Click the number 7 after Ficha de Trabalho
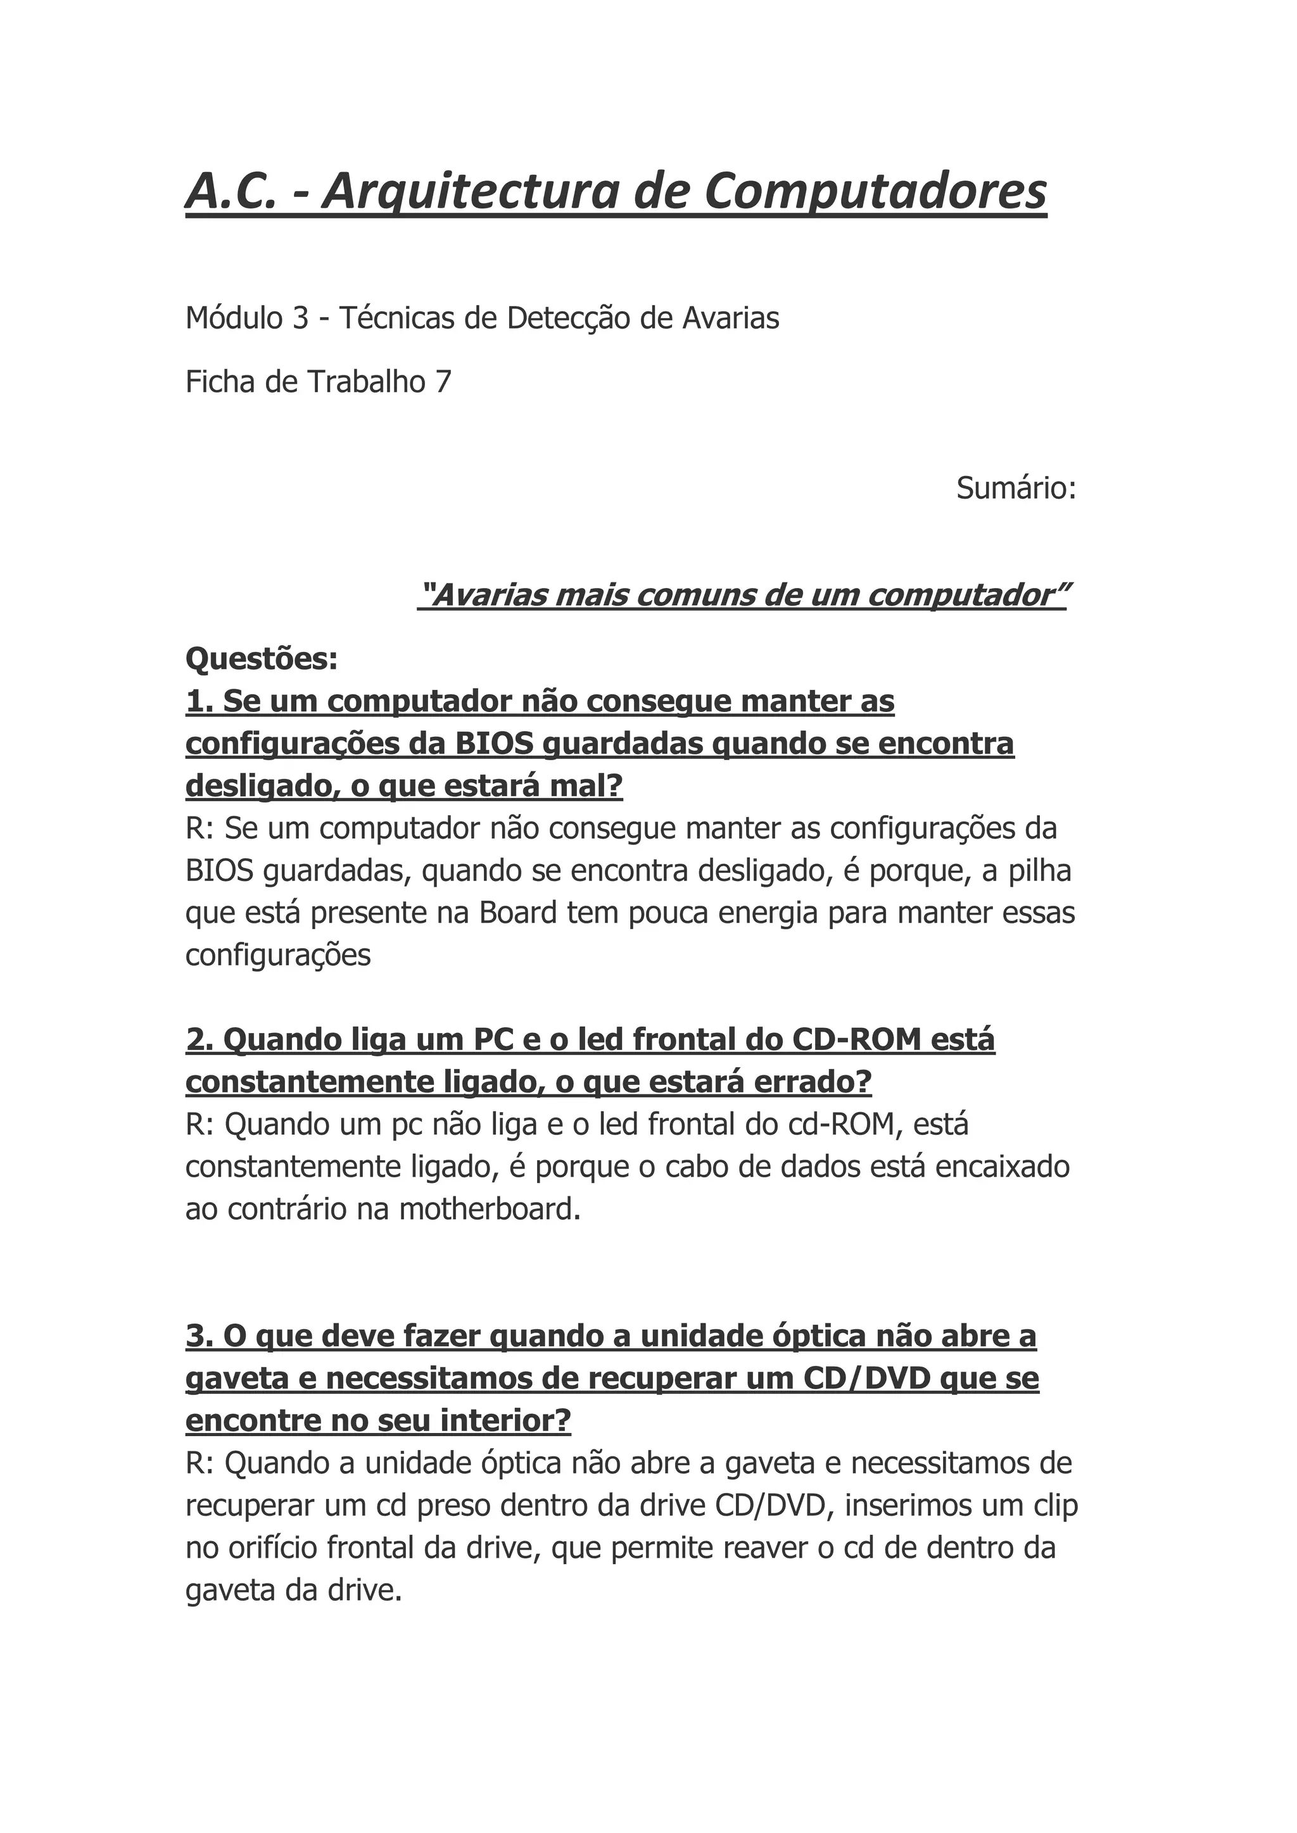click(443, 382)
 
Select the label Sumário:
click(1016, 488)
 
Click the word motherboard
click(489, 1210)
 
